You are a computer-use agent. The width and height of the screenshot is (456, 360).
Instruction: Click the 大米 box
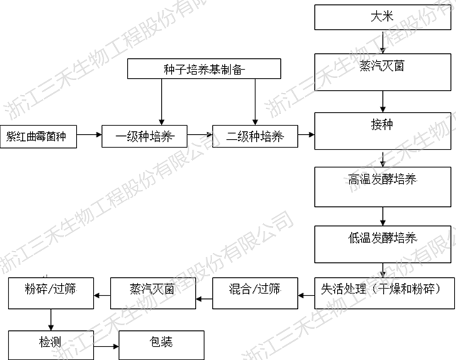(382, 17)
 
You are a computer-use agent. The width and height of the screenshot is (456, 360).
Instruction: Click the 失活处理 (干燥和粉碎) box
(382, 290)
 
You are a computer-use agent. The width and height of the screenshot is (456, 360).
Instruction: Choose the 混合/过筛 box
(254, 290)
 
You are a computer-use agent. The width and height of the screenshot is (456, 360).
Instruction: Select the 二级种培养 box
(254, 134)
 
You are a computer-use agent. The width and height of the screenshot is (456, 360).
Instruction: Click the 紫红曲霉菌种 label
(36, 134)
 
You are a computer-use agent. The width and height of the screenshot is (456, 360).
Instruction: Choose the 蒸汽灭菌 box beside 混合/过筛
(152, 290)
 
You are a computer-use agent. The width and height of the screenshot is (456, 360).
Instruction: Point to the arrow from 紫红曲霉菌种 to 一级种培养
(89, 134)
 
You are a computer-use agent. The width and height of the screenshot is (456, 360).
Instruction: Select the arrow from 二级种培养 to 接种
(306, 133)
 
